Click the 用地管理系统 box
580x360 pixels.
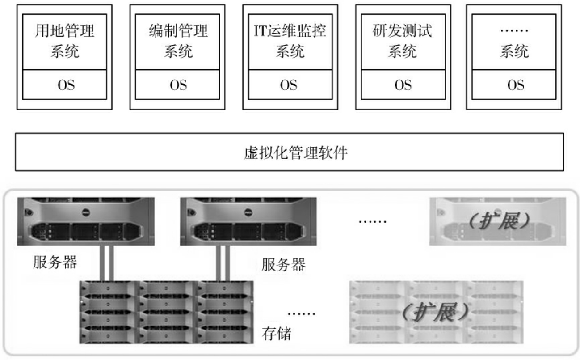click(x=65, y=42)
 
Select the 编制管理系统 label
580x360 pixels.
click(x=178, y=42)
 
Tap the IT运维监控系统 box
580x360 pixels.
click(x=290, y=42)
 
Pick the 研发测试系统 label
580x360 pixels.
click(x=403, y=42)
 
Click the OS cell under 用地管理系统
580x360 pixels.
click(x=65, y=85)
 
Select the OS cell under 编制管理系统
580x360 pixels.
click(x=178, y=85)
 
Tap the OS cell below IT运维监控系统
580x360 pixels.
click(x=290, y=85)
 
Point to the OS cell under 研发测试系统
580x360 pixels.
click(x=403, y=85)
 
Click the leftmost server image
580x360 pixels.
click(x=86, y=221)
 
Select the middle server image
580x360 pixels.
click(x=248, y=221)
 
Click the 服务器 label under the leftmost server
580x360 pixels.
click(x=55, y=263)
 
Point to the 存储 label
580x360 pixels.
click(x=277, y=333)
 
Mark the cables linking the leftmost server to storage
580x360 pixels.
click(x=106, y=263)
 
